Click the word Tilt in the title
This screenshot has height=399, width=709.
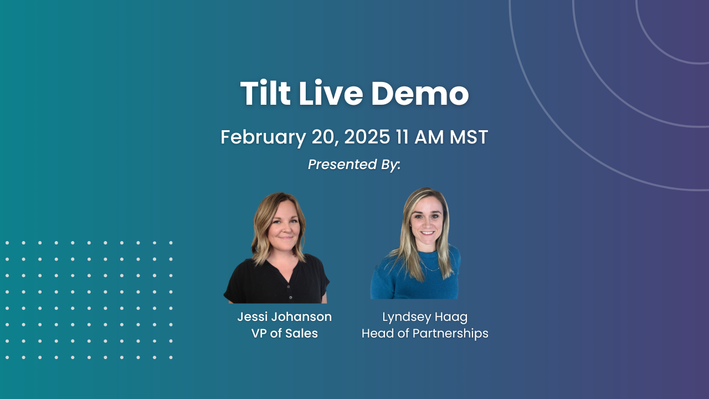[x=265, y=93]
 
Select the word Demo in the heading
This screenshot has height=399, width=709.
[x=420, y=93]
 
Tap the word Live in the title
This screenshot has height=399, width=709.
[x=331, y=93]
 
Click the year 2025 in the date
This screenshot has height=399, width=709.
[x=367, y=137]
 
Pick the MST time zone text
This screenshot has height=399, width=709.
[x=469, y=137]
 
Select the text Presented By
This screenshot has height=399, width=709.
[x=354, y=165]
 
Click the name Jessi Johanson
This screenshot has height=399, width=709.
[x=285, y=316]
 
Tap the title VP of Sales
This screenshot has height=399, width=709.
[x=285, y=333]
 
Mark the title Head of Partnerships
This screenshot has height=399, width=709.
[x=425, y=334]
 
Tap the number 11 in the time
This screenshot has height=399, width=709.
[x=402, y=137]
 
